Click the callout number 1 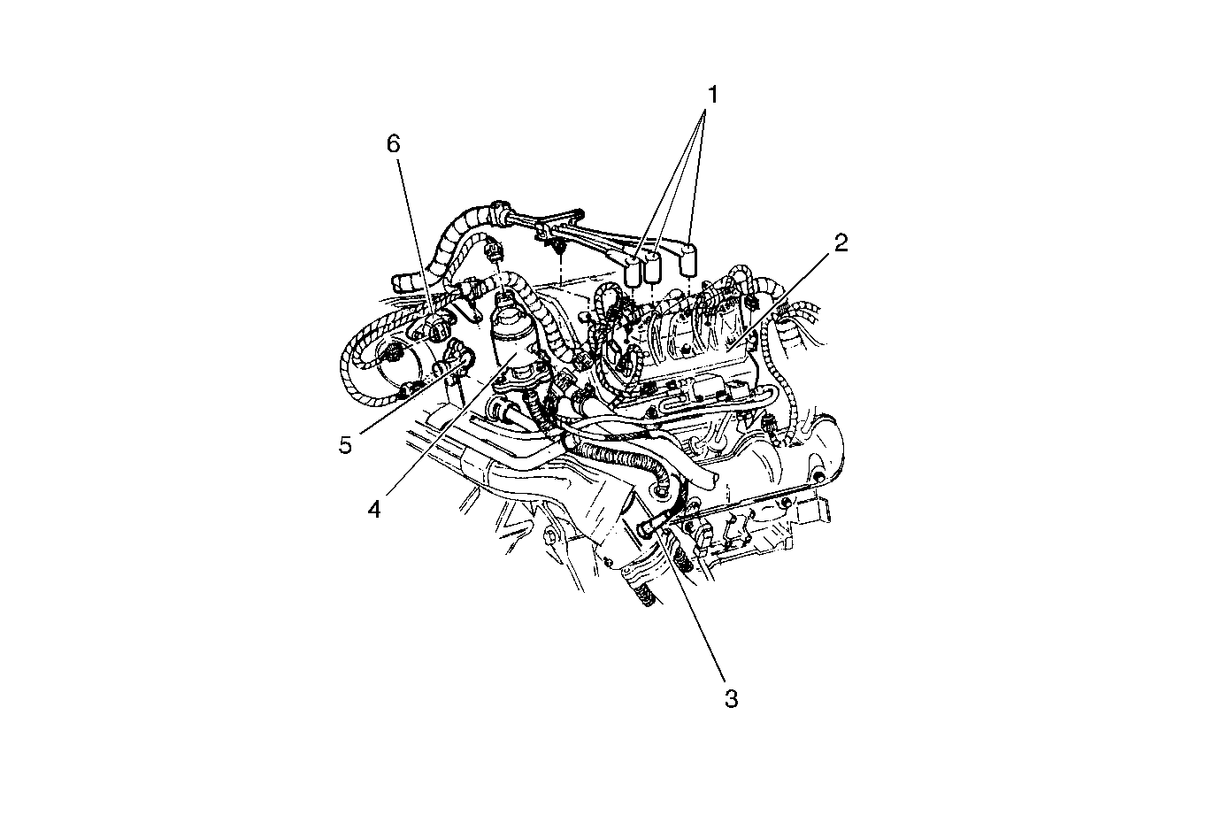point(712,95)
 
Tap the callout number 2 point(841,243)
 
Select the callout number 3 point(731,699)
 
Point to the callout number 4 point(374,510)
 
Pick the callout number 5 point(345,445)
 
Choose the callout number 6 point(393,144)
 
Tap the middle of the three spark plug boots point(652,267)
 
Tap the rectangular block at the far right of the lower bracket point(813,511)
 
